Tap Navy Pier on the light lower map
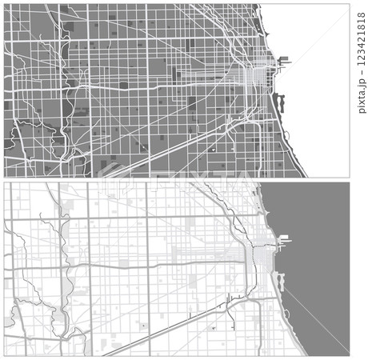tap(286, 238)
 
